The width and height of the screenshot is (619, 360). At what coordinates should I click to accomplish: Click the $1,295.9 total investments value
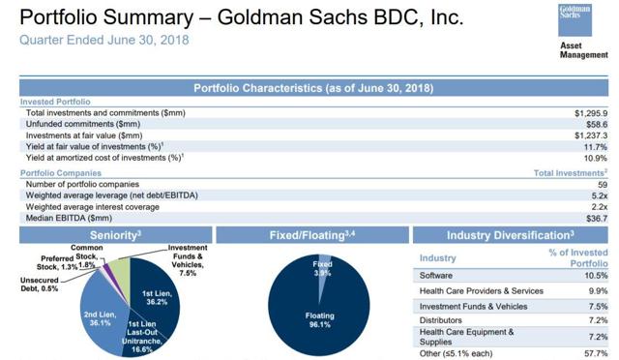[x=592, y=113]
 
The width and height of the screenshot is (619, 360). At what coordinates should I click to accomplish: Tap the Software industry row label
[x=436, y=274]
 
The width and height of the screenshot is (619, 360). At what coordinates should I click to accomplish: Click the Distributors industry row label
[x=442, y=318]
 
